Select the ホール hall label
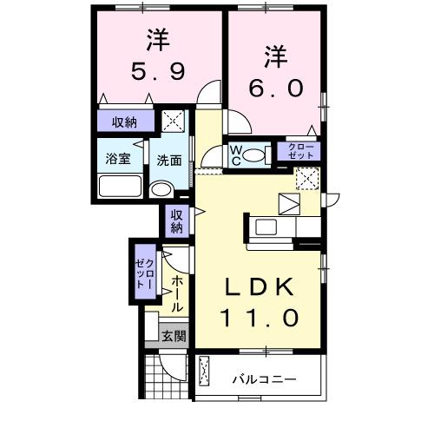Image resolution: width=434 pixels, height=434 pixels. point(176,294)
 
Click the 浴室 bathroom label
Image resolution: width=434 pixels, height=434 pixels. point(116,160)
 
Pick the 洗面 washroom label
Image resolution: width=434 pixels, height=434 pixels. point(168,160)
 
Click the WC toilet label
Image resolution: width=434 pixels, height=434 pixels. point(235,155)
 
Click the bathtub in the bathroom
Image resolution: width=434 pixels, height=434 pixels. point(120,187)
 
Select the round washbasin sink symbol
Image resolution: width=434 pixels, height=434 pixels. point(161,190)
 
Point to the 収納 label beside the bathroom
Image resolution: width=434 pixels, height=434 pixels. point(124,122)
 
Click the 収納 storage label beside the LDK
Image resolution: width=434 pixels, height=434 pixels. point(176,221)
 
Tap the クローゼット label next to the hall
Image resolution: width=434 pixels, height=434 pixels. point(144,272)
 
